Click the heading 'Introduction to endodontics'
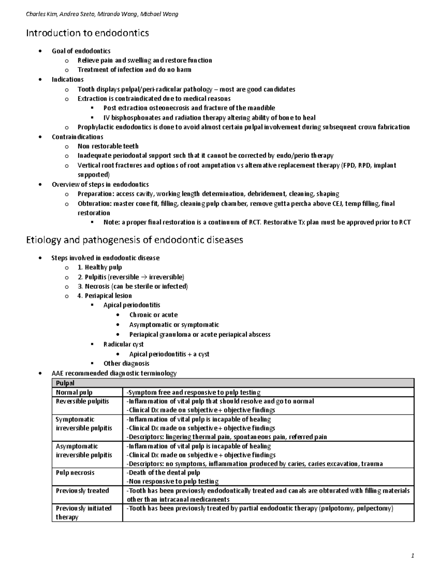87,33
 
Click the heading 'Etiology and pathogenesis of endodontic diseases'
134,240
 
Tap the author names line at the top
102,14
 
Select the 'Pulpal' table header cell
65,383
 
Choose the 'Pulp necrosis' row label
75,473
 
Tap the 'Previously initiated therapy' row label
83,513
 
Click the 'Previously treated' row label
82,491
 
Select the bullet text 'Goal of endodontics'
81,51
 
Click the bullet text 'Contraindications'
77,137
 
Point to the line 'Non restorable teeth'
108,146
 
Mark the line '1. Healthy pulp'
100,267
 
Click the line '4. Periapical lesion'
104,296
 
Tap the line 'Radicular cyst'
123,344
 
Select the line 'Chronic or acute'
153,315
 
